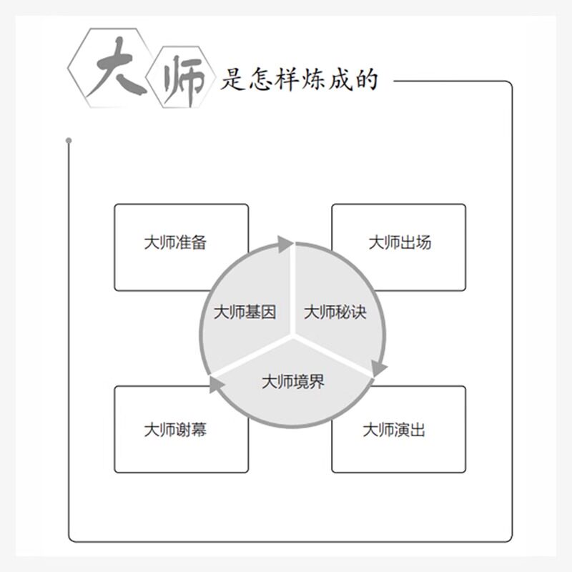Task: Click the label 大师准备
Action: tap(175, 242)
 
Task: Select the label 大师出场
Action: tap(400, 242)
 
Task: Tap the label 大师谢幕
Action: tap(175, 430)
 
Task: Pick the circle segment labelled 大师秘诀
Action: tap(335, 312)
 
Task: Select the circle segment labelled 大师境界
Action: tap(292, 382)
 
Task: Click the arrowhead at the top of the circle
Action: tap(285, 243)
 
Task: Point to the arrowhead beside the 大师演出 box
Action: tap(378, 368)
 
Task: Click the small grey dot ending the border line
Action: tap(69, 140)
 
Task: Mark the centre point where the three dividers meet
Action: tap(292, 332)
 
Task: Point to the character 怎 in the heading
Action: tap(257, 79)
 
